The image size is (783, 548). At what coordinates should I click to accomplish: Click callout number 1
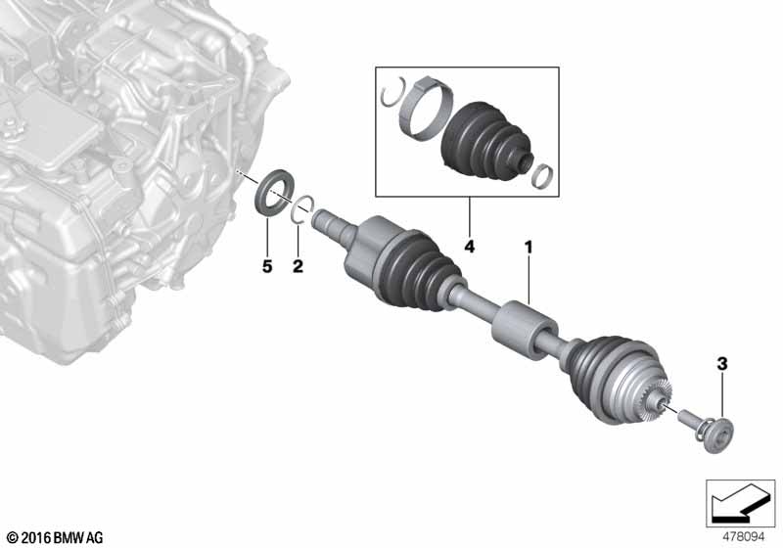pyautogui.click(x=528, y=247)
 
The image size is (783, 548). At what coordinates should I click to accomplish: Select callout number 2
pyautogui.click(x=298, y=266)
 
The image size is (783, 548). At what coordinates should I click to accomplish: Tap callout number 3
pyautogui.click(x=722, y=364)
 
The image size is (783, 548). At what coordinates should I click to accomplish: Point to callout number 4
pyautogui.click(x=470, y=246)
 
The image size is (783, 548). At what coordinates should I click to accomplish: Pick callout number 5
pyautogui.click(x=267, y=266)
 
